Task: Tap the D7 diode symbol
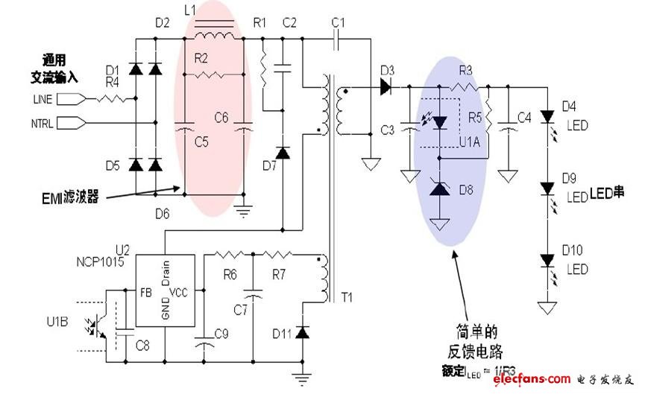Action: [x=283, y=153]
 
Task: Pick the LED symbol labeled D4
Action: [x=548, y=117]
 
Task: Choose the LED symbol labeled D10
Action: [x=548, y=261]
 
